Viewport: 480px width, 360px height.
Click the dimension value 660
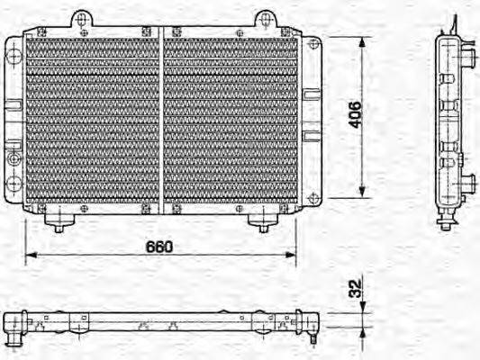(x=159, y=245)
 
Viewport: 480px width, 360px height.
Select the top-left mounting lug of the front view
(x=82, y=19)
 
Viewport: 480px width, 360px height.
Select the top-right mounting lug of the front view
(x=264, y=19)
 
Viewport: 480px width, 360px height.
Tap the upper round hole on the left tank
(x=13, y=56)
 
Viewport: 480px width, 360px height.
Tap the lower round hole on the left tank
(x=13, y=184)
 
